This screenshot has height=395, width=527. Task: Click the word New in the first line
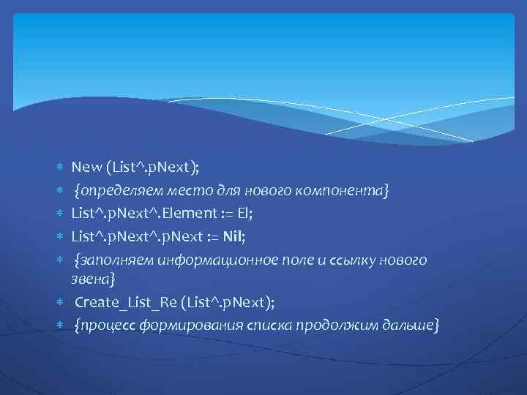click(x=87, y=168)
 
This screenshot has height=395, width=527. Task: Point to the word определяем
click(x=114, y=192)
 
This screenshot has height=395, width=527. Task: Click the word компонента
click(x=344, y=192)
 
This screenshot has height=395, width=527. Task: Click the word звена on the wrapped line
click(x=91, y=279)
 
